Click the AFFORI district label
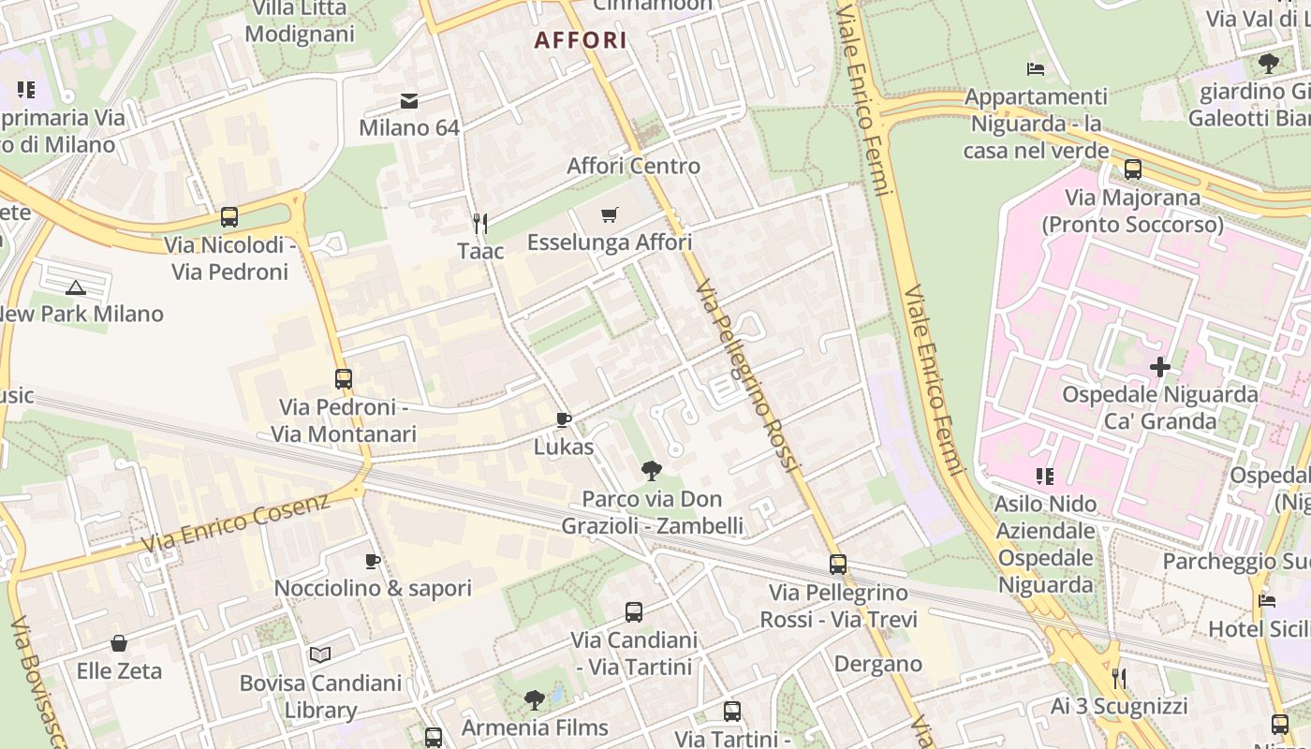(x=581, y=40)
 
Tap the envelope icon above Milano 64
(x=409, y=101)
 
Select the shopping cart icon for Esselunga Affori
(x=610, y=215)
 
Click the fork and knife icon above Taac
(x=480, y=223)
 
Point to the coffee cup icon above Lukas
(x=563, y=419)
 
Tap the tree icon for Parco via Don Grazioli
(x=652, y=470)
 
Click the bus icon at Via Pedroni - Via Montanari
(x=344, y=379)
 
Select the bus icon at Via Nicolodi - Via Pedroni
(x=229, y=217)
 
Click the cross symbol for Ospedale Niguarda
(x=1160, y=367)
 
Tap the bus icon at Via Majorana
(x=1133, y=169)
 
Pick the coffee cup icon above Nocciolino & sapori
(x=373, y=561)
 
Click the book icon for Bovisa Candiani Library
(x=320, y=654)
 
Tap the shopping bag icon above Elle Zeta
(x=119, y=643)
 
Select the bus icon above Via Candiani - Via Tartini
(x=634, y=612)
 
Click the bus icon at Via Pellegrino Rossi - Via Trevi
(x=838, y=565)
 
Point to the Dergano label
(x=878, y=664)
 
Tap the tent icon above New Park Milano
(x=76, y=286)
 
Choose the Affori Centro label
(x=634, y=166)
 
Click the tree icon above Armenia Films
(x=535, y=698)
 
